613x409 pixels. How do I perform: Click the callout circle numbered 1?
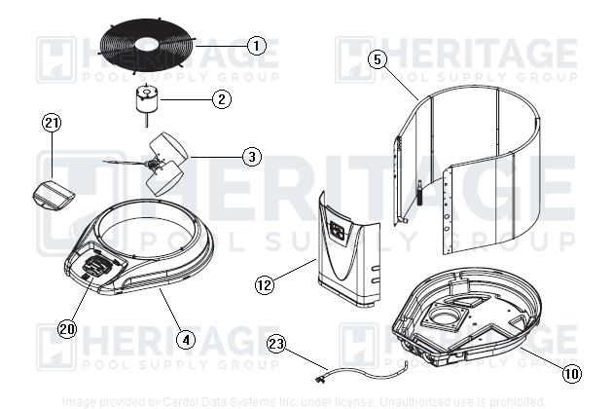255,45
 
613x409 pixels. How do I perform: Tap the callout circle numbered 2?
222,98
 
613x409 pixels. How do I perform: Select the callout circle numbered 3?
251,156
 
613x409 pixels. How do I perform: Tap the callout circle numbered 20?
66,329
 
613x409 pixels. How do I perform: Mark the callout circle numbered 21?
52,123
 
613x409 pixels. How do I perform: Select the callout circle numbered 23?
275,343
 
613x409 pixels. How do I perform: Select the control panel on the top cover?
97,265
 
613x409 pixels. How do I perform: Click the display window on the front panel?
338,230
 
